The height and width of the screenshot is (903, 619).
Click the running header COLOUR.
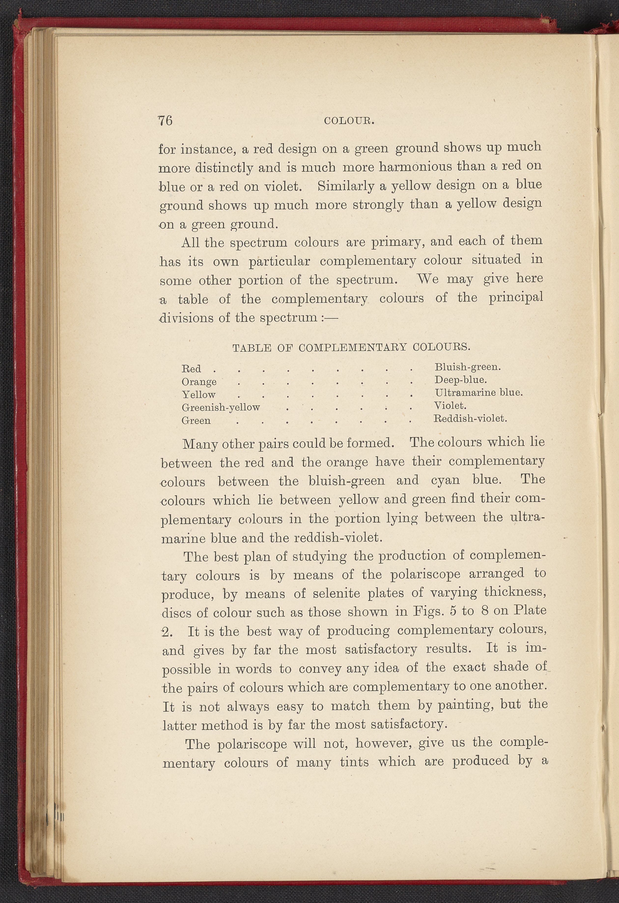tap(349, 121)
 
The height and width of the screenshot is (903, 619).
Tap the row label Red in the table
tap(191, 368)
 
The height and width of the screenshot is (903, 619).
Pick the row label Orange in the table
tap(199, 382)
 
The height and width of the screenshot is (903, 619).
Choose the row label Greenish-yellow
tap(221, 407)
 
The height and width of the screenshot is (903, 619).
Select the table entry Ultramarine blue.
tap(478, 392)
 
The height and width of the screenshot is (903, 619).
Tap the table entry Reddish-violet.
tap(470, 418)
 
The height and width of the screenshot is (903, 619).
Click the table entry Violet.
tap(450, 406)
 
